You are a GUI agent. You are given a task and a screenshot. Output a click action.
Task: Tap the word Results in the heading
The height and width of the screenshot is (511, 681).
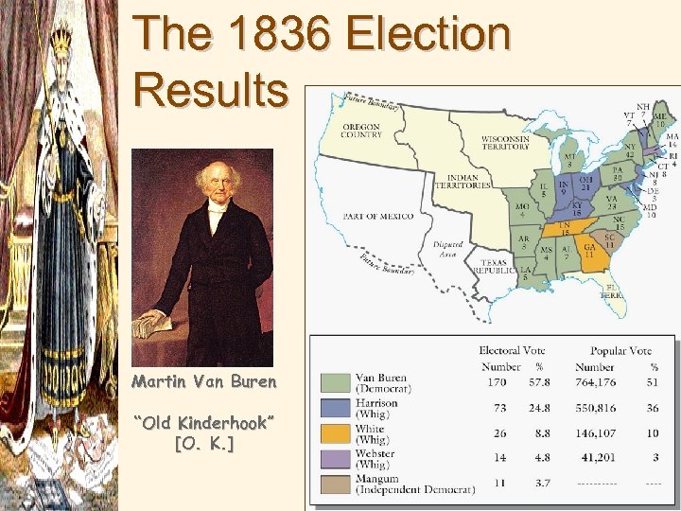click(211, 90)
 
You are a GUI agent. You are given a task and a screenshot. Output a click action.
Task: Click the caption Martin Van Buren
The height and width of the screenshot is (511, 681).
click(204, 382)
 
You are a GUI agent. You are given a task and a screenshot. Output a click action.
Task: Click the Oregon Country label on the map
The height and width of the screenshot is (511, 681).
click(361, 132)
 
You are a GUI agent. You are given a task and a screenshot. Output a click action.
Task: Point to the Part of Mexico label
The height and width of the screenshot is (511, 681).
click(377, 216)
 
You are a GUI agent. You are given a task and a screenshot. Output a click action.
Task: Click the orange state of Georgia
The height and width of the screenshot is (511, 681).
click(591, 252)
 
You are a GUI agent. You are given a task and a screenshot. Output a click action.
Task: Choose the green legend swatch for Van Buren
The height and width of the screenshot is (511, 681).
click(336, 382)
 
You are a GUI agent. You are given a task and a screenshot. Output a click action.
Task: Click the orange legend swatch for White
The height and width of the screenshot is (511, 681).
click(336, 434)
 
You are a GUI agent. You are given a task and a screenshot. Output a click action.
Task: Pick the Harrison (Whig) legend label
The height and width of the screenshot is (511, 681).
click(376, 409)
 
